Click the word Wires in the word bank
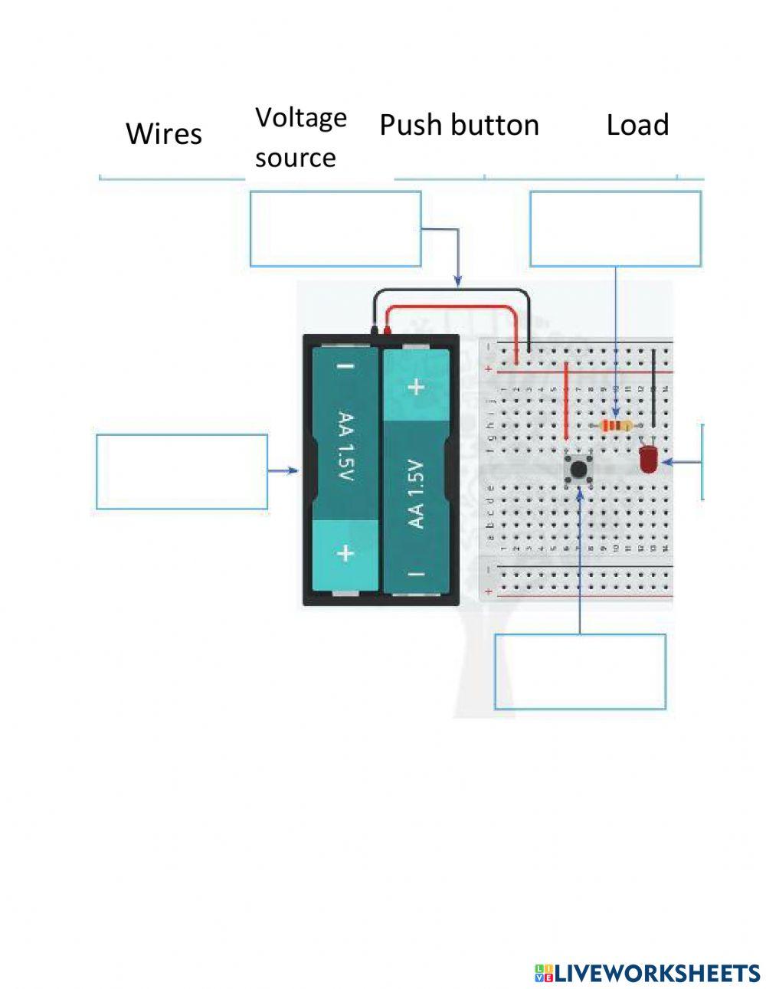coord(163,134)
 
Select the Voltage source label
coord(300,137)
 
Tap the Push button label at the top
coord(459,125)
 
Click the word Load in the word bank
coord(637,125)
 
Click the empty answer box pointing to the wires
coord(336,229)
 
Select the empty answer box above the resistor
coord(615,229)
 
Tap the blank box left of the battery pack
coord(182,472)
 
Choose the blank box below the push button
coord(580,672)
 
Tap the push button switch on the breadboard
coord(580,469)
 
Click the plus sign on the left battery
coord(345,552)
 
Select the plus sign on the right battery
coord(415,387)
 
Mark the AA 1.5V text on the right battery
coord(415,494)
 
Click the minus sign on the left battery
coord(345,366)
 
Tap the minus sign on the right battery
coord(415,573)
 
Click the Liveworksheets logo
coord(647,973)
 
